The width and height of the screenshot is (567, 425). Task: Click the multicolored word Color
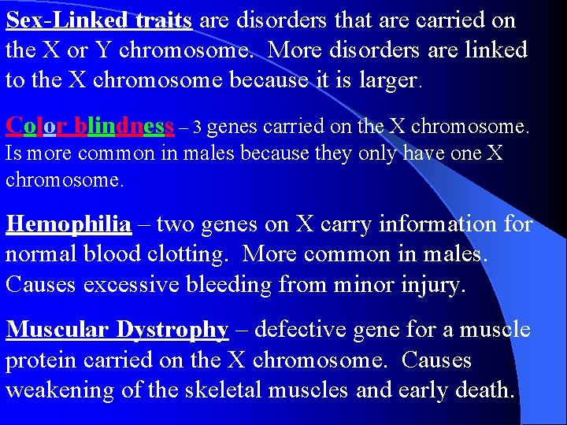pyautogui.click(x=35, y=126)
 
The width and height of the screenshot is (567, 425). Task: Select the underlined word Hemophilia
pyautogui.click(x=69, y=224)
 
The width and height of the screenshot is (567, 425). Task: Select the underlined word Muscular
pyautogui.click(x=58, y=331)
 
